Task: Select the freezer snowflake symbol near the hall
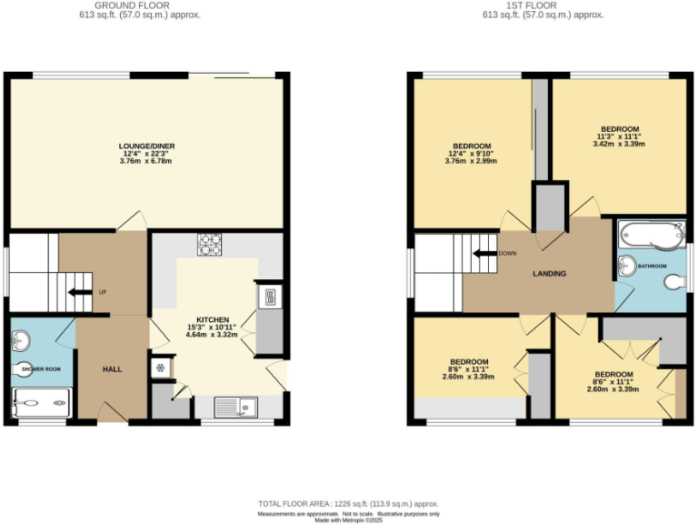pyautogui.click(x=160, y=368)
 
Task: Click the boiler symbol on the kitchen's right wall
pyautogui.click(x=269, y=297)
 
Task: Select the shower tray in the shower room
pyautogui.click(x=41, y=400)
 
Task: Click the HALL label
pyautogui.click(x=112, y=368)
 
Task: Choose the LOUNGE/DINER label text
pyautogui.click(x=146, y=146)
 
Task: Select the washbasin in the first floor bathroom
pyautogui.click(x=626, y=265)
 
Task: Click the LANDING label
pyautogui.click(x=549, y=274)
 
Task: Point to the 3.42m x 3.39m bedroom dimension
pyautogui.click(x=619, y=143)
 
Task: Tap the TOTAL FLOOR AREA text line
pyautogui.click(x=348, y=503)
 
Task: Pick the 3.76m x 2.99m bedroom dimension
pyautogui.click(x=472, y=162)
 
